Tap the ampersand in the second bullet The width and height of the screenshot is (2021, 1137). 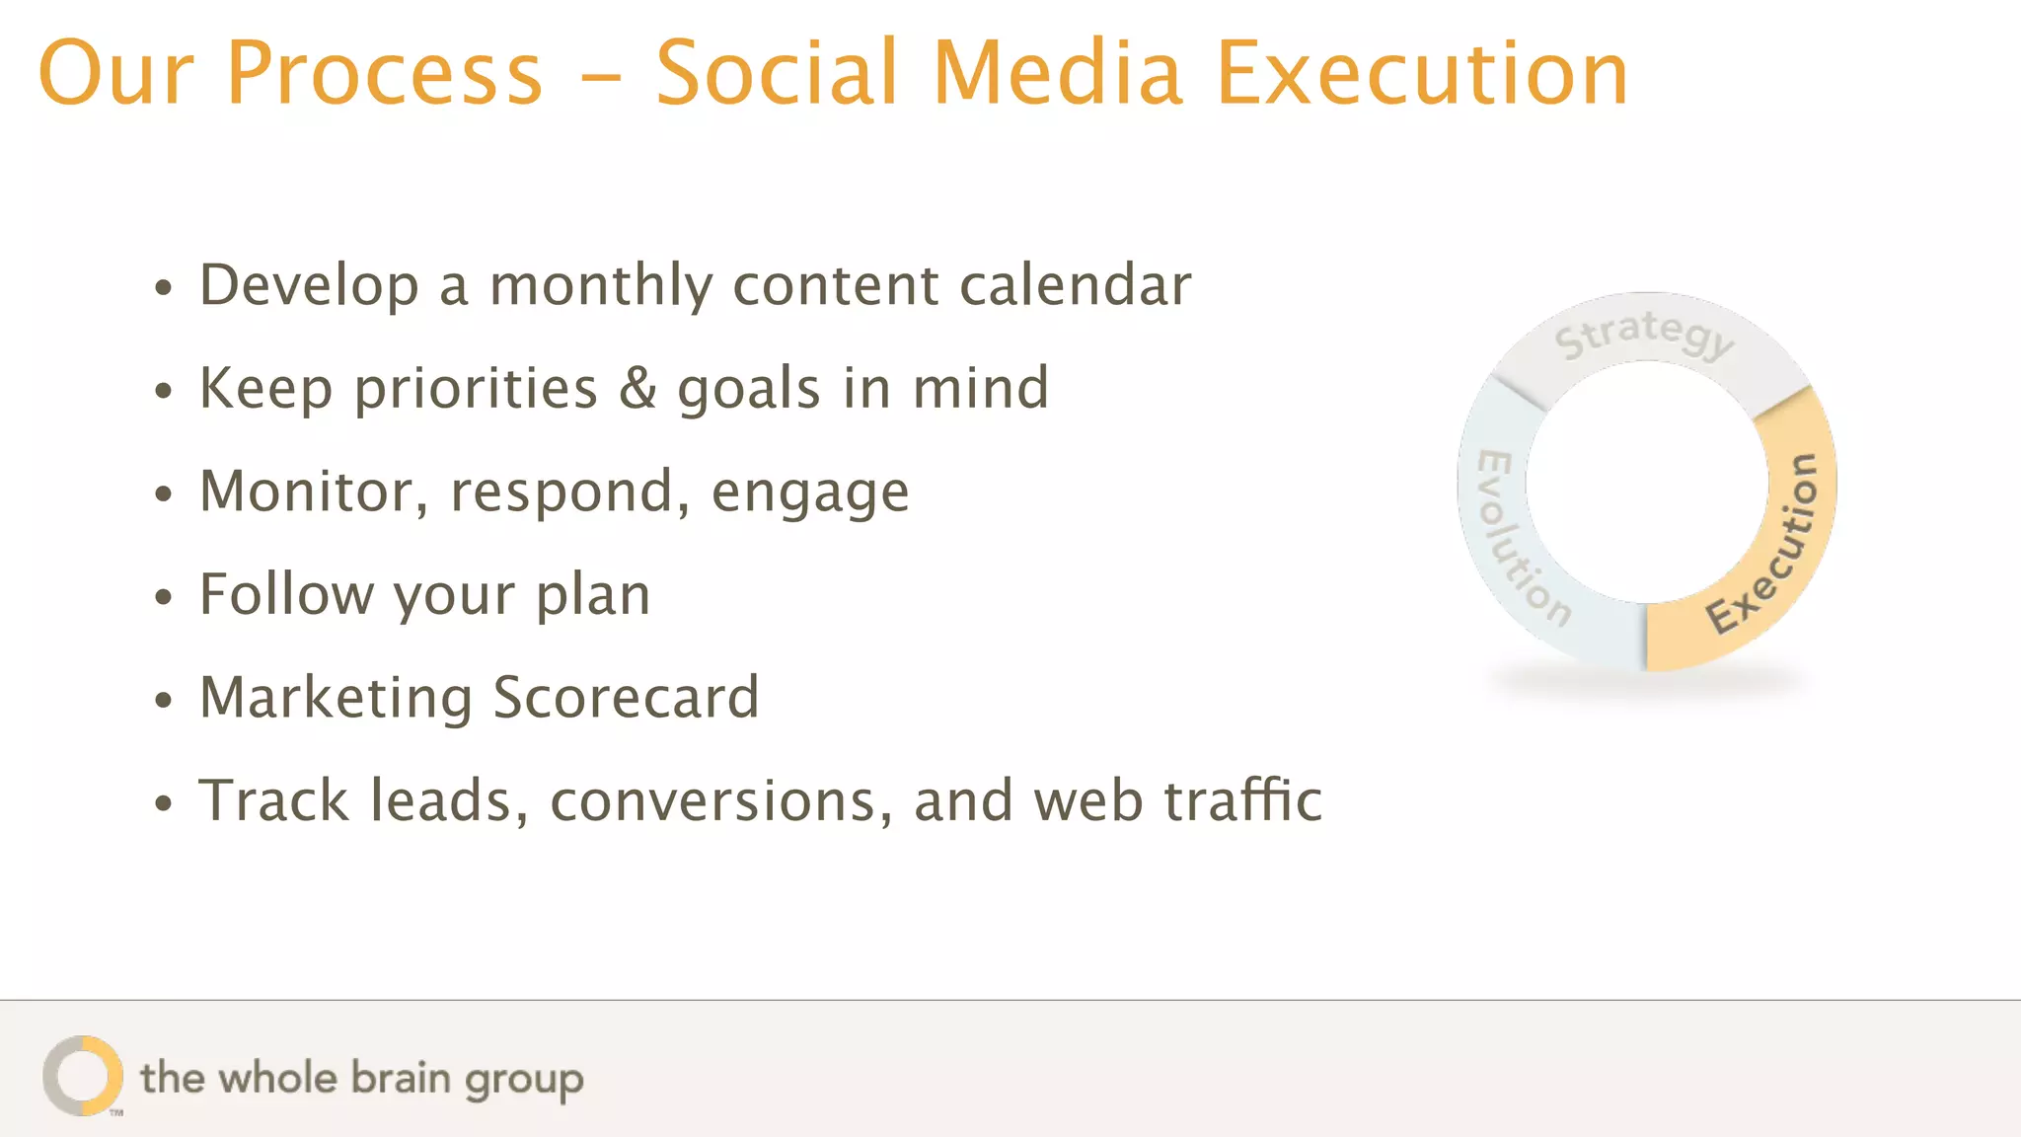pyautogui.click(x=637, y=388)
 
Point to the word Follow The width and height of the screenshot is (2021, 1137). pyautogui.click(x=286, y=594)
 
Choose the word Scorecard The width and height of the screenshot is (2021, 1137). pyautogui.click(x=626, y=697)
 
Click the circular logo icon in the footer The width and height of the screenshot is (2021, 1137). pyautogui.click(x=83, y=1076)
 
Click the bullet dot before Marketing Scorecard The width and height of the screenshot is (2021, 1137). pyautogui.click(x=164, y=701)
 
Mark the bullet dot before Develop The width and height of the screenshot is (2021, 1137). pyautogui.click(x=164, y=288)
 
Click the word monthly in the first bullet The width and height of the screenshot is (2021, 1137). pyautogui.click(x=600, y=287)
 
